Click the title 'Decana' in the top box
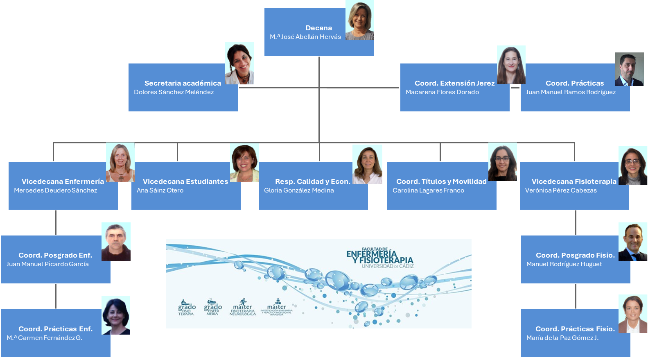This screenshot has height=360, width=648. click(318, 28)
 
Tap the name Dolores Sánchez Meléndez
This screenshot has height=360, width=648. click(174, 92)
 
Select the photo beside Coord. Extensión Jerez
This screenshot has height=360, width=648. click(511, 65)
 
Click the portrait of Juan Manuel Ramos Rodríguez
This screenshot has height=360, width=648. click(629, 69)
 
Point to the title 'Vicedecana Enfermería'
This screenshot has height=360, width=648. click(63, 181)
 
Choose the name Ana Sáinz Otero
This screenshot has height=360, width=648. click(160, 190)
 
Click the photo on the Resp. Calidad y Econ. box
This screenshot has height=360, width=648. click(367, 164)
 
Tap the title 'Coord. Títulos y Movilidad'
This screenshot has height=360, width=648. click(441, 181)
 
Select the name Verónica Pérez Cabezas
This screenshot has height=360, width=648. click(561, 190)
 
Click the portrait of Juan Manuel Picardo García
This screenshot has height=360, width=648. click(116, 242)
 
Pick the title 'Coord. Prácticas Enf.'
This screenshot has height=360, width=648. click(55, 329)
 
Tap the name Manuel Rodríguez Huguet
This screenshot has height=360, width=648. click(564, 264)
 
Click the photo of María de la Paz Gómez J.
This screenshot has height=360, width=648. click(633, 314)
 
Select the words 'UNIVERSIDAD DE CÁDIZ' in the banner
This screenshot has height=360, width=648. click(387, 266)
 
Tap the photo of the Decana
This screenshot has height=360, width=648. click(360, 20)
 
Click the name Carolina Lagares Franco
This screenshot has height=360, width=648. click(428, 190)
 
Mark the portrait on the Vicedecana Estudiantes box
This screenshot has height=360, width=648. click(244, 163)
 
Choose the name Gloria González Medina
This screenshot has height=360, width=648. click(299, 190)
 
